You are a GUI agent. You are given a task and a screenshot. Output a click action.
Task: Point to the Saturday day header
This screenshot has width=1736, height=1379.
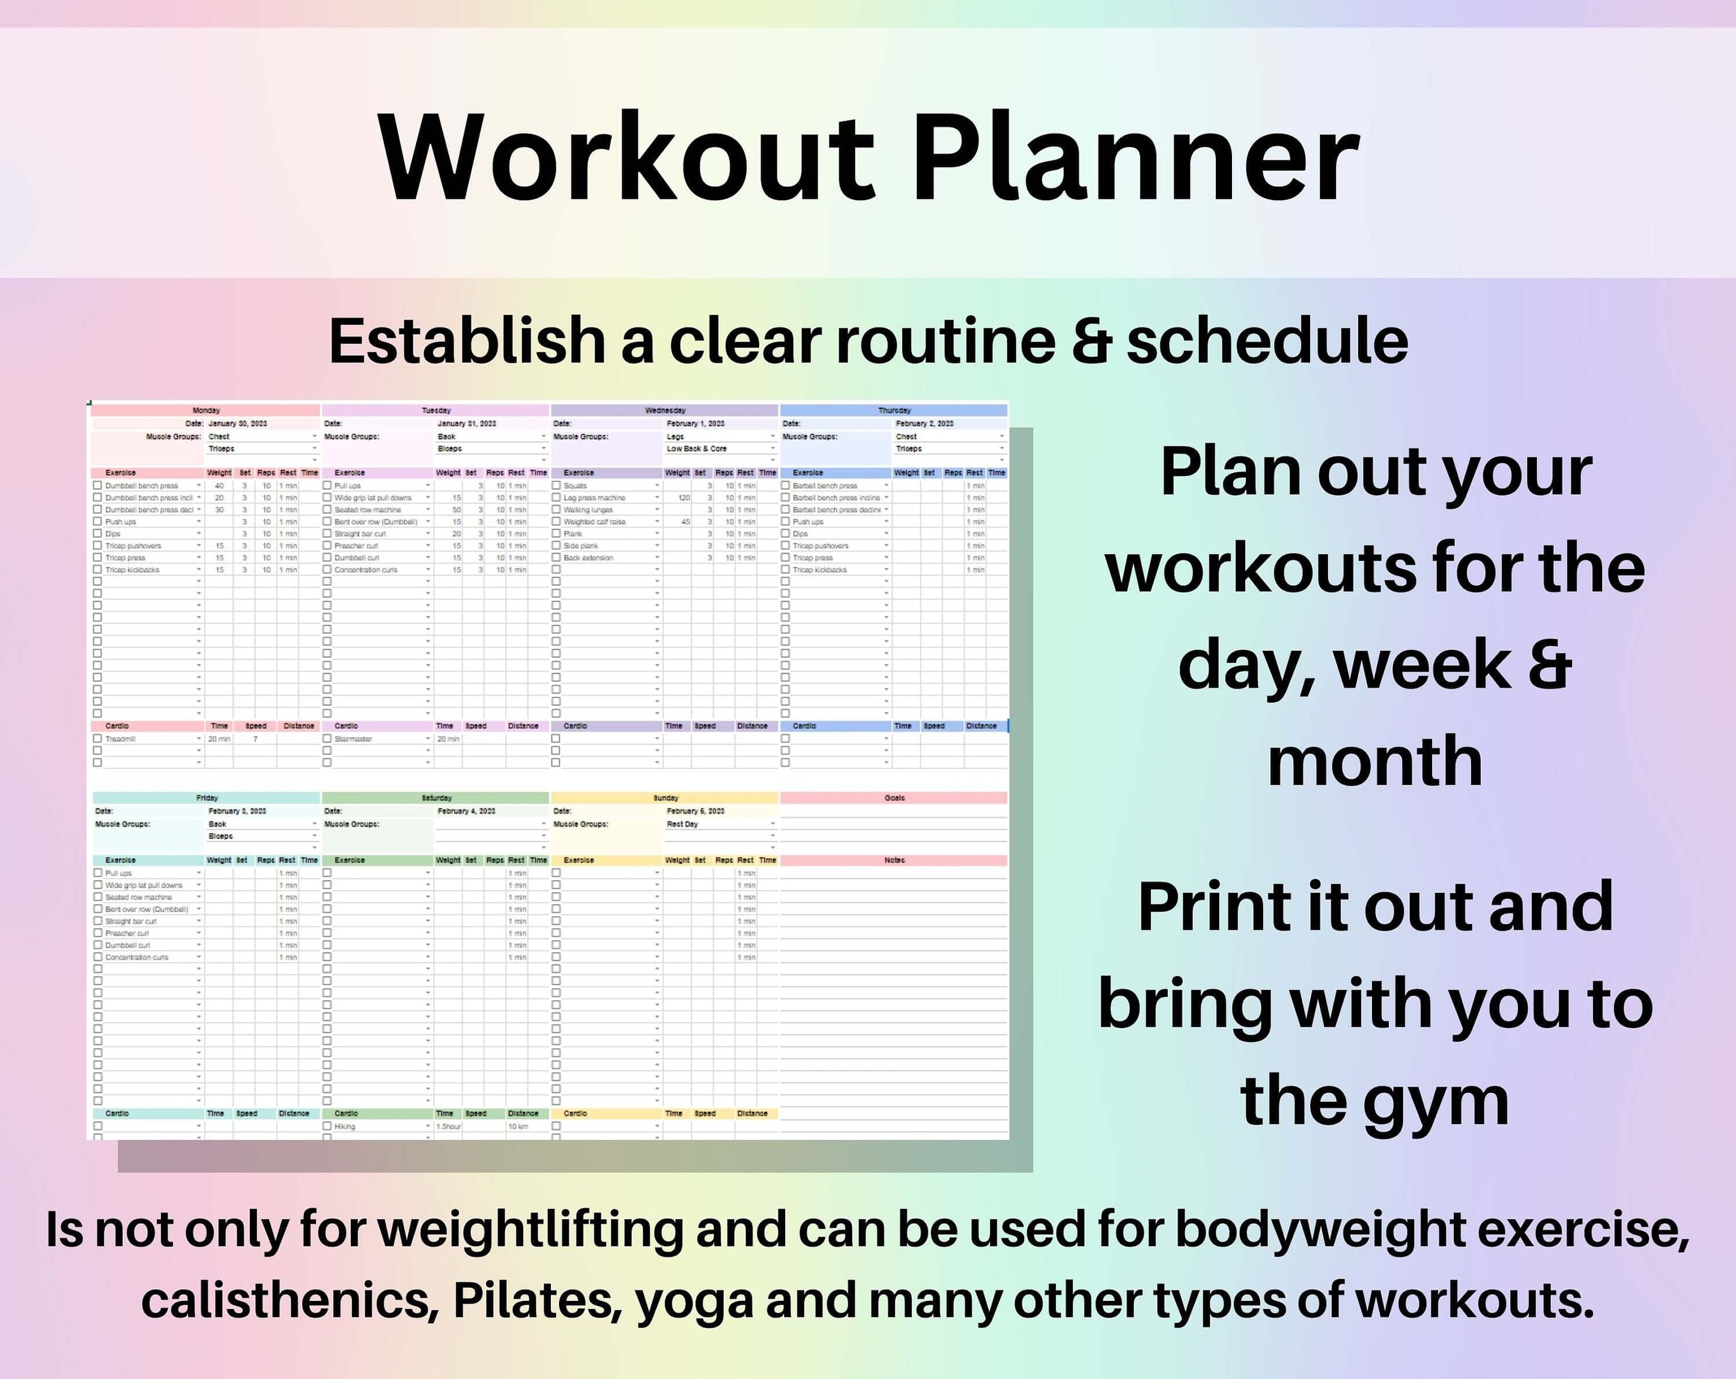click(x=437, y=798)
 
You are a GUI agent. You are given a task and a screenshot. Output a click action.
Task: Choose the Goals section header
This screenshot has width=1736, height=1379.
click(x=894, y=798)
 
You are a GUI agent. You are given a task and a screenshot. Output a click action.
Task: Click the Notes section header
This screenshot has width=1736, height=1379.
click(x=894, y=860)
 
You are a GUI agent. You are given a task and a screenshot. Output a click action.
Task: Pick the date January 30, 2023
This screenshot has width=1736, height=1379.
click(x=237, y=424)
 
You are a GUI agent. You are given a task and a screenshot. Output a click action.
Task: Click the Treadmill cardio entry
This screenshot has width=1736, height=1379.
click(x=121, y=738)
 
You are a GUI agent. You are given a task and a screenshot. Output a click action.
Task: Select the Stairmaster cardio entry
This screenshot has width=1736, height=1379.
click(x=353, y=738)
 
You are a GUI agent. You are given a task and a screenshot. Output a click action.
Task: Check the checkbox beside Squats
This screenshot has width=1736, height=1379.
click(x=556, y=486)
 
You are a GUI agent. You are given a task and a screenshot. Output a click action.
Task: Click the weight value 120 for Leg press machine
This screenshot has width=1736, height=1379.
click(x=684, y=498)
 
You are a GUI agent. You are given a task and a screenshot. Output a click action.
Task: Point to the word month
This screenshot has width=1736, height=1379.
click(x=1374, y=761)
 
